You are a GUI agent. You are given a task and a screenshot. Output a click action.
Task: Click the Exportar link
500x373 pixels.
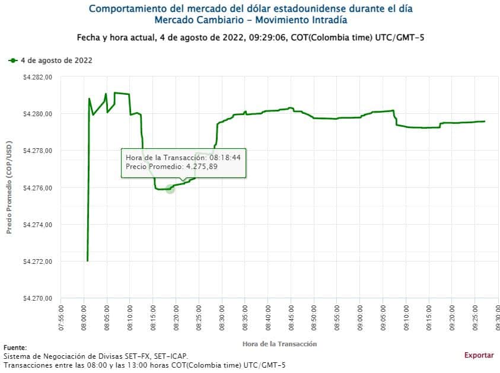(x=479, y=355)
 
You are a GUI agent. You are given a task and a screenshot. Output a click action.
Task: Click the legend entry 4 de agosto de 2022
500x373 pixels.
(x=56, y=60)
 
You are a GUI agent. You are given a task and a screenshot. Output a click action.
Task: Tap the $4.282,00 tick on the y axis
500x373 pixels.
(x=37, y=77)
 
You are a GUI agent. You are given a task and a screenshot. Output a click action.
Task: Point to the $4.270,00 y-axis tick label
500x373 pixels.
(x=37, y=298)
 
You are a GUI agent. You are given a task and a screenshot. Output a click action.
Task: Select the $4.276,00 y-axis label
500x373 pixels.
(x=37, y=188)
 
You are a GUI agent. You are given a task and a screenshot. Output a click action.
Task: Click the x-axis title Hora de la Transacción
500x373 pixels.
(x=279, y=344)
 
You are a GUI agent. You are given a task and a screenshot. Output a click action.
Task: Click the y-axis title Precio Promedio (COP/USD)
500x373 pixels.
(x=9, y=187)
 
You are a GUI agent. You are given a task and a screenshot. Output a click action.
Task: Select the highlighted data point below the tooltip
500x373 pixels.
(x=170, y=189)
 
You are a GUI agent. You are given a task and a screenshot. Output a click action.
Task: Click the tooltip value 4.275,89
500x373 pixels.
(x=202, y=167)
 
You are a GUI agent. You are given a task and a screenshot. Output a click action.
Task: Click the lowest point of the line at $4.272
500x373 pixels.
(x=87, y=260)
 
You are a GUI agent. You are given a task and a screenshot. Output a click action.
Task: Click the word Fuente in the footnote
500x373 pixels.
(x=14, y=348)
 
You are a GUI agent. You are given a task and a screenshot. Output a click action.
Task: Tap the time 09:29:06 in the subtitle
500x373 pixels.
(x=272, y=38)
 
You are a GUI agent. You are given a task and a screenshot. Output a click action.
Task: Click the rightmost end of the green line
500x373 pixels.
(x=485, y=122)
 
